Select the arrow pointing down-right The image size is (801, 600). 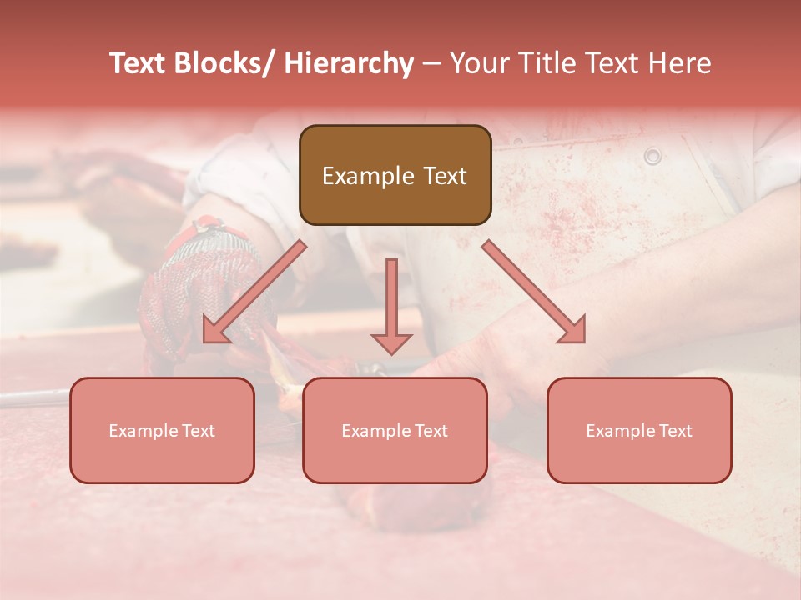click(x=535, y=292)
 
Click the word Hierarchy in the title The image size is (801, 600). click(x=349, y=63)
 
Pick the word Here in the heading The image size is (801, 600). click(x=682, y=63)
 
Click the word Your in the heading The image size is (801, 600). click(x=480, y=63)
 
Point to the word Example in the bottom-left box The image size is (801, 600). click(x=143, y=431)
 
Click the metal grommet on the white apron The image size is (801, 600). click(x=652, y=156)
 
